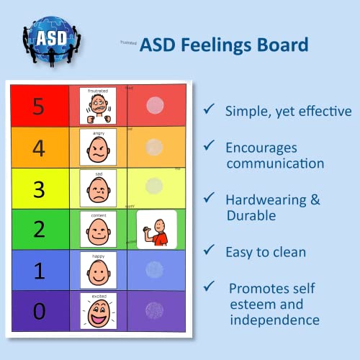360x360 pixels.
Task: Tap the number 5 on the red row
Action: click(39, 107)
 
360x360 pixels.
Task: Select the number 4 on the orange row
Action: click(39, 148)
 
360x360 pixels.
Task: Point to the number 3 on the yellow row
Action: click(39, 189)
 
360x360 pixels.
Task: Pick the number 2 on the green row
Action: click(39, 230)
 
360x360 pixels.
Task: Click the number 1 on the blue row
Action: click(39, 270)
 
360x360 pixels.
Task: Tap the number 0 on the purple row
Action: click(39, 311)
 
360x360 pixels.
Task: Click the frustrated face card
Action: click(98, 106)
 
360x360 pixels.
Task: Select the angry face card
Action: click(98, 148)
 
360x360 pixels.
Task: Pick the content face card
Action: click(98, 229)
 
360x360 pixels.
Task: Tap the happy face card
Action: click(98, 270)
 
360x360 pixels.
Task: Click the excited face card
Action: click(98, 311)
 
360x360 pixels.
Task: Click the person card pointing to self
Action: click(156, 229)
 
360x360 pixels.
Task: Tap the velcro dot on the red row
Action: click(155, 106)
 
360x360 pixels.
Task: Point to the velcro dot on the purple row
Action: click(155, 310)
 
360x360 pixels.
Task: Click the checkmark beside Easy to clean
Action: click(209, 250)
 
